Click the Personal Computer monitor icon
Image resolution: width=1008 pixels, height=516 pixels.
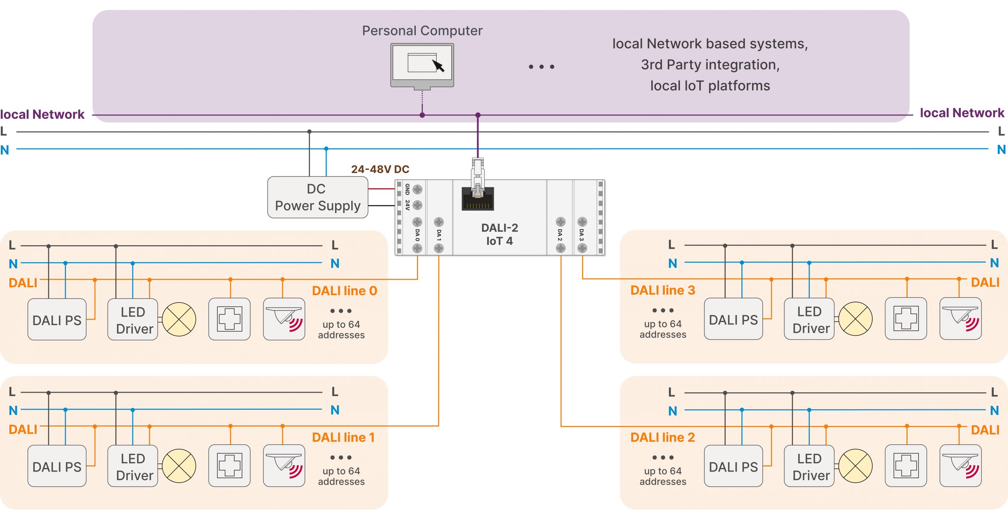[422, 65]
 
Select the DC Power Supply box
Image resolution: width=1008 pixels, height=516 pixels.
[317, 197]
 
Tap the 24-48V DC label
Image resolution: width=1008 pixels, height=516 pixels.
[380, 169]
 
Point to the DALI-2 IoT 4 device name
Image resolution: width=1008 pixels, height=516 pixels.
[499, 234]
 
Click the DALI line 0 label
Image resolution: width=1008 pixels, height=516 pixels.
[344, 291]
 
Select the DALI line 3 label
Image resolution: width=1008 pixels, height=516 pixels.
[662, 290]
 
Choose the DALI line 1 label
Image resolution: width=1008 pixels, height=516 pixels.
[343, 437]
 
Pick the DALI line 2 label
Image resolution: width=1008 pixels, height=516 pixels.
[662, 437]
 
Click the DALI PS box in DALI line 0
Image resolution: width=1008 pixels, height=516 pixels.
[57, 320]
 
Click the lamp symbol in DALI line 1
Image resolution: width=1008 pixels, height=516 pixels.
[179, 466]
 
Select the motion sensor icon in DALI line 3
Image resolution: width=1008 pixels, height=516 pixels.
[960, 319]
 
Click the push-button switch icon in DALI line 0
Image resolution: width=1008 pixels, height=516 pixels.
[230, 319]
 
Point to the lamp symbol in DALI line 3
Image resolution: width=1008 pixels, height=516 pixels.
[855, 319]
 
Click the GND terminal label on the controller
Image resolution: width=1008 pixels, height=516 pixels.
[407, 189]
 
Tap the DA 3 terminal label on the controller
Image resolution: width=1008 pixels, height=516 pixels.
[582, 235]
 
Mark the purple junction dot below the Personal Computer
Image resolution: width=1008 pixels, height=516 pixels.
[422, 115]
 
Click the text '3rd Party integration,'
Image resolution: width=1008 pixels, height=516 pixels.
[710, 65]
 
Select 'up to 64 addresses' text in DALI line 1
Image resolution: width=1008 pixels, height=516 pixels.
[341, 476]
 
